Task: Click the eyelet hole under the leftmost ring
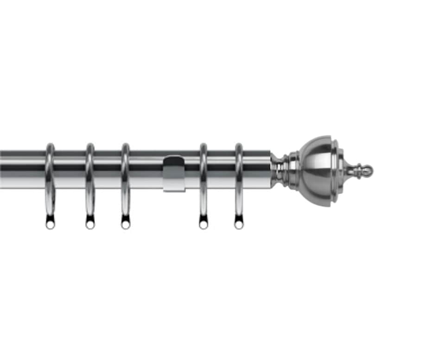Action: pos(50,225)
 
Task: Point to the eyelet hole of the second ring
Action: pos(90,225)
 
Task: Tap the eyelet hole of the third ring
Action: pos(126,225)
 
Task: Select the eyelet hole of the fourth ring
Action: pos(203,225)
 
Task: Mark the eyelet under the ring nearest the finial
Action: pos(239,225)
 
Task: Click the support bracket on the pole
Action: pos(174,176)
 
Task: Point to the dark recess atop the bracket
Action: pos(174,163)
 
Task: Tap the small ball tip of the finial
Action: pos(367,171)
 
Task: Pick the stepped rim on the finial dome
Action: pos(337,171)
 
